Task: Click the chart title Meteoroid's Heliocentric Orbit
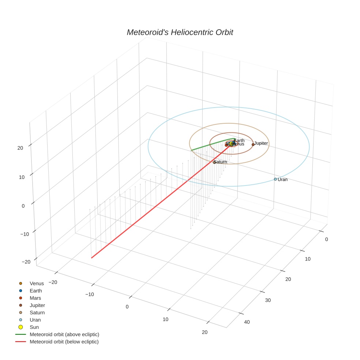180,33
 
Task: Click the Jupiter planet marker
253,145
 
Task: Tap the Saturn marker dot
214,162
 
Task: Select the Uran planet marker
275,179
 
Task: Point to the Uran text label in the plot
282,180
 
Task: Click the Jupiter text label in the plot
261,143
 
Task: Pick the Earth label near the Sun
239,140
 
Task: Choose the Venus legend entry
37,284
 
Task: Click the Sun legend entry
34,327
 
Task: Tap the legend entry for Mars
35,298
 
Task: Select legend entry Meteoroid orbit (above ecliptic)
64,334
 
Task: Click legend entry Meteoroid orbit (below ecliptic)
64,342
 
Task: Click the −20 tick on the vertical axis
26,262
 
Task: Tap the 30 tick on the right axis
268,300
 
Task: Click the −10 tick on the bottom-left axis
89,294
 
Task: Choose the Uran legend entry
35,320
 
